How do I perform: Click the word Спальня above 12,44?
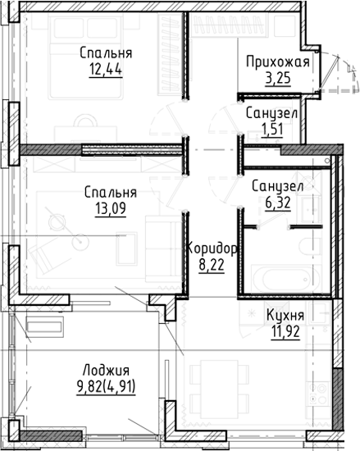(103, 52)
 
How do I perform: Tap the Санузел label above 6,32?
(277, 186)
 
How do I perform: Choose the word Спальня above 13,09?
(110, 192)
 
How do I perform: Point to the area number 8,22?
(212, 265)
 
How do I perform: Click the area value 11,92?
(285, 331)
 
